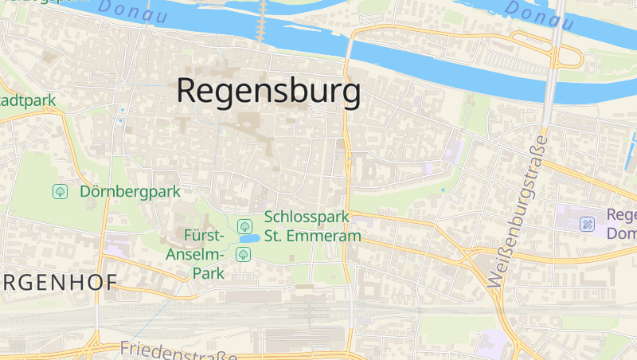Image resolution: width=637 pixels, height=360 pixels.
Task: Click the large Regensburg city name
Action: (268, 91)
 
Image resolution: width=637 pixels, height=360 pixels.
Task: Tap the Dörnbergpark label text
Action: (130, 191)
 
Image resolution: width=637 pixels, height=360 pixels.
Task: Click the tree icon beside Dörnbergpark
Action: (60, 191)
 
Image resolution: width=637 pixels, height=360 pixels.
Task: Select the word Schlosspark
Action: (303, 217)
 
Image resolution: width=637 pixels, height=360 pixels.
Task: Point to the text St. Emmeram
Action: (312, 236)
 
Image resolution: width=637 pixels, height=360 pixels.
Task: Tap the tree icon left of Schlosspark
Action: (244, 226)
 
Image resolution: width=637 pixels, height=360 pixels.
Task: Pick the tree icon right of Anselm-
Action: (243, 255)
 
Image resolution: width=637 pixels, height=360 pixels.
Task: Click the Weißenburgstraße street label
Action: (518, 211)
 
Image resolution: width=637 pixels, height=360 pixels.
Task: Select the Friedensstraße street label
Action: (178, 350)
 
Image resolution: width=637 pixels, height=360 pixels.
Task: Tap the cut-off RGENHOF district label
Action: (59, 282)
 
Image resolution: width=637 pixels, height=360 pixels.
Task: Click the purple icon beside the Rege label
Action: (588, 224)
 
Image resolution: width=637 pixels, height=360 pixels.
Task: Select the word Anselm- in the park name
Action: (195, 255)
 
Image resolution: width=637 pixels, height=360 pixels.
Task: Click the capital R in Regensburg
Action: (188, 90)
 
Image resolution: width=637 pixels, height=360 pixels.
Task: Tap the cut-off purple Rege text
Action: (621, 215)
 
